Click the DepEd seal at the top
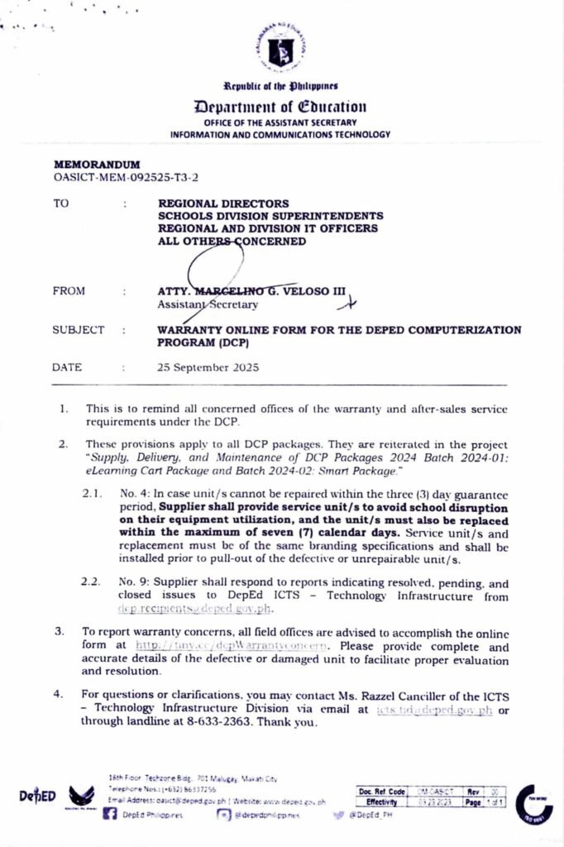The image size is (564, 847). [x=281, y=50]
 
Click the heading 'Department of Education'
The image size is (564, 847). [x=281, y=107]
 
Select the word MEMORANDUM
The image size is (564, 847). [x=97, y=165]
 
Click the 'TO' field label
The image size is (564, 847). [x=61, y=203]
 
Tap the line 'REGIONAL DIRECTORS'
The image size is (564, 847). [x=223, y=203]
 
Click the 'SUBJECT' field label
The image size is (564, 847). [x=78, y=330]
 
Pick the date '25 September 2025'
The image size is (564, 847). [x=208, y=367]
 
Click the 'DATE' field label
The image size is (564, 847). [x=67, y=367]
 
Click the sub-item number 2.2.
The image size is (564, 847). [x=92, y=582]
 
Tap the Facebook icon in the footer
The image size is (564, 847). [x=109, y=815]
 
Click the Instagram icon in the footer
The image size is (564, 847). [x=223, y=815]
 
